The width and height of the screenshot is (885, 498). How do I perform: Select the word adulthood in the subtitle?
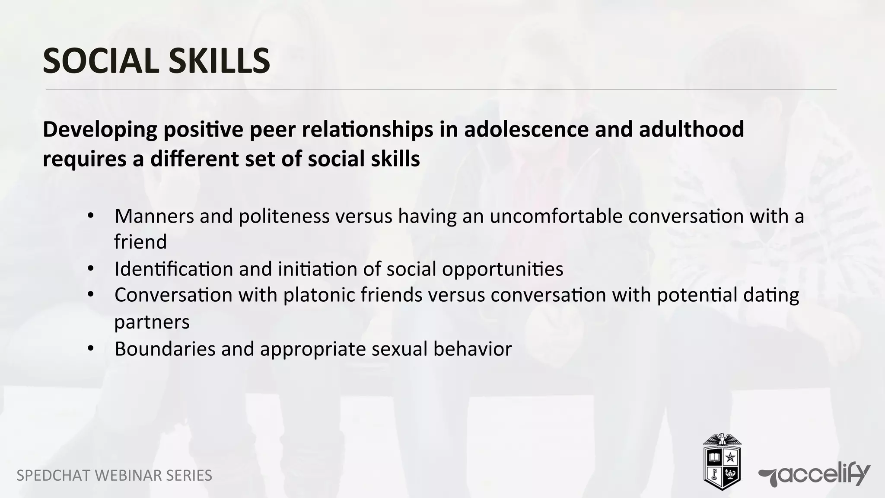tap(691, 129)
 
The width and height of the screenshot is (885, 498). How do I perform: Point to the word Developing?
tap(100, 130)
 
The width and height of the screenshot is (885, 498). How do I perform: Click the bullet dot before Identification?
tap(90, 268)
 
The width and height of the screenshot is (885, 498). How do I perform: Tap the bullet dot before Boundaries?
tap(90, 348)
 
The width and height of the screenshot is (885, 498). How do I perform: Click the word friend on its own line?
tap(140, 242)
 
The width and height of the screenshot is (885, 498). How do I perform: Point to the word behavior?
tap(472, 349)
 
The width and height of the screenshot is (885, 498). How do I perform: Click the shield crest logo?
tap(722, 462)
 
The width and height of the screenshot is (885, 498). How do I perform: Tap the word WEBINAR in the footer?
tap(128, 476)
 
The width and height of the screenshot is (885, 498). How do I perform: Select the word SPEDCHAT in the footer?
tap(53, 476)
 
